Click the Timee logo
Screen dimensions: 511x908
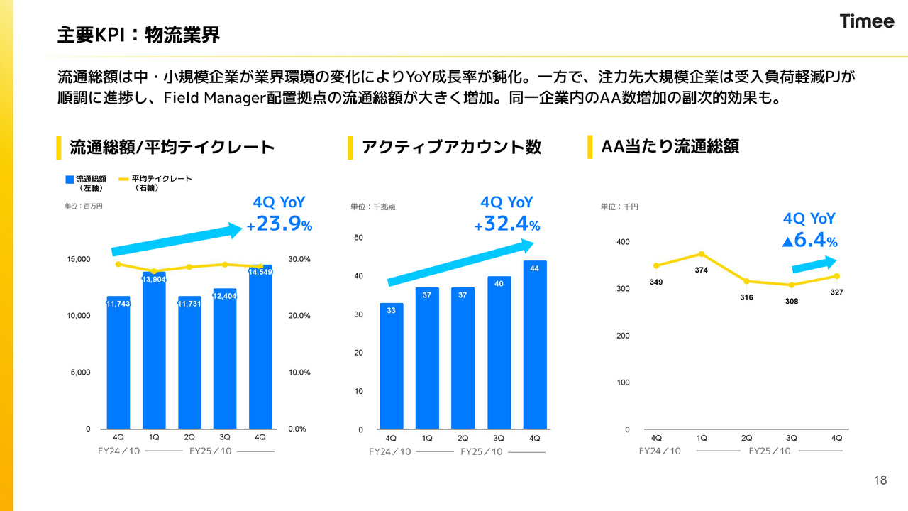[867, 21]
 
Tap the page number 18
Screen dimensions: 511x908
[880, 480]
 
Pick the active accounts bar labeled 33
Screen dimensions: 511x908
[391, 366]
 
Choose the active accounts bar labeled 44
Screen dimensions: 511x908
[535, 345]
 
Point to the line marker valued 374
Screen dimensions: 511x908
[702, 254]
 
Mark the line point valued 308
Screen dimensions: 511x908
[792, 285]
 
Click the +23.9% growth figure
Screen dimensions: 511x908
[280, 225]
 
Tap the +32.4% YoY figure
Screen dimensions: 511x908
[508, 225]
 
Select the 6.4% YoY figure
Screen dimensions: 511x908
[810, 240]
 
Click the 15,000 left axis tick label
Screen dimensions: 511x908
[79, 259]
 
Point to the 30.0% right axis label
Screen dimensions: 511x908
[299, 259]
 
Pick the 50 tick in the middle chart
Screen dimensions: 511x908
[358, 238]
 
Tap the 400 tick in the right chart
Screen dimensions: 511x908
[623, 242]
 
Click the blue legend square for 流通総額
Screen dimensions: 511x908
[70, 180]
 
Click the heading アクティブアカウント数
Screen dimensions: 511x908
[451, 147]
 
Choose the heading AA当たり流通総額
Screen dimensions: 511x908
[670, 146]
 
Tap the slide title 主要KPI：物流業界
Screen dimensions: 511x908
[138, 33]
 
